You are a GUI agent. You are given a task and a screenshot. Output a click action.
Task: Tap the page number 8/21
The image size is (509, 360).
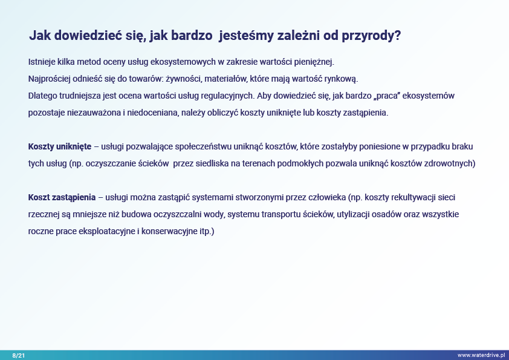coord(19,355)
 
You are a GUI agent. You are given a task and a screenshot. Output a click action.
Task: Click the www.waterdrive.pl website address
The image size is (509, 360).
coord(481,355)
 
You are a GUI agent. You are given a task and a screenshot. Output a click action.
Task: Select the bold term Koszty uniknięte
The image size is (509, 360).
coord(60,146)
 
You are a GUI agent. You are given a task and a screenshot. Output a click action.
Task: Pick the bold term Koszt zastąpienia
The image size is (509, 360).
coord(62,197)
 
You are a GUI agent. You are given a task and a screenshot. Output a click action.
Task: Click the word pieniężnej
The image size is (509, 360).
coord(314,62)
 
